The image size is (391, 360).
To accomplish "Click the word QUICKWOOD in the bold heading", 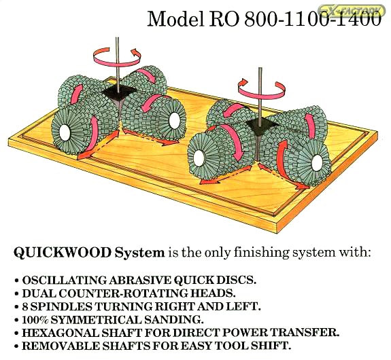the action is coord(63,253).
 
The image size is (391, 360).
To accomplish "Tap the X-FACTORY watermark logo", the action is coord(352,10).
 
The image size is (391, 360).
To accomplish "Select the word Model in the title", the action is coord(175,19).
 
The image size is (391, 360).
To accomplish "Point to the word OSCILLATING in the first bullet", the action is coord(64,281).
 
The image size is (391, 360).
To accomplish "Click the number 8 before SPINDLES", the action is coord(24,307).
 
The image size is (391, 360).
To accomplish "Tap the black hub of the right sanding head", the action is coord(259,124).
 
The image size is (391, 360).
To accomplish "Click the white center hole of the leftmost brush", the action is coord(65,132).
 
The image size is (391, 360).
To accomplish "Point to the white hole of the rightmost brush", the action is coord(317,162).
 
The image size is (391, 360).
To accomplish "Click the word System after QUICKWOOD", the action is coord(139,253).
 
